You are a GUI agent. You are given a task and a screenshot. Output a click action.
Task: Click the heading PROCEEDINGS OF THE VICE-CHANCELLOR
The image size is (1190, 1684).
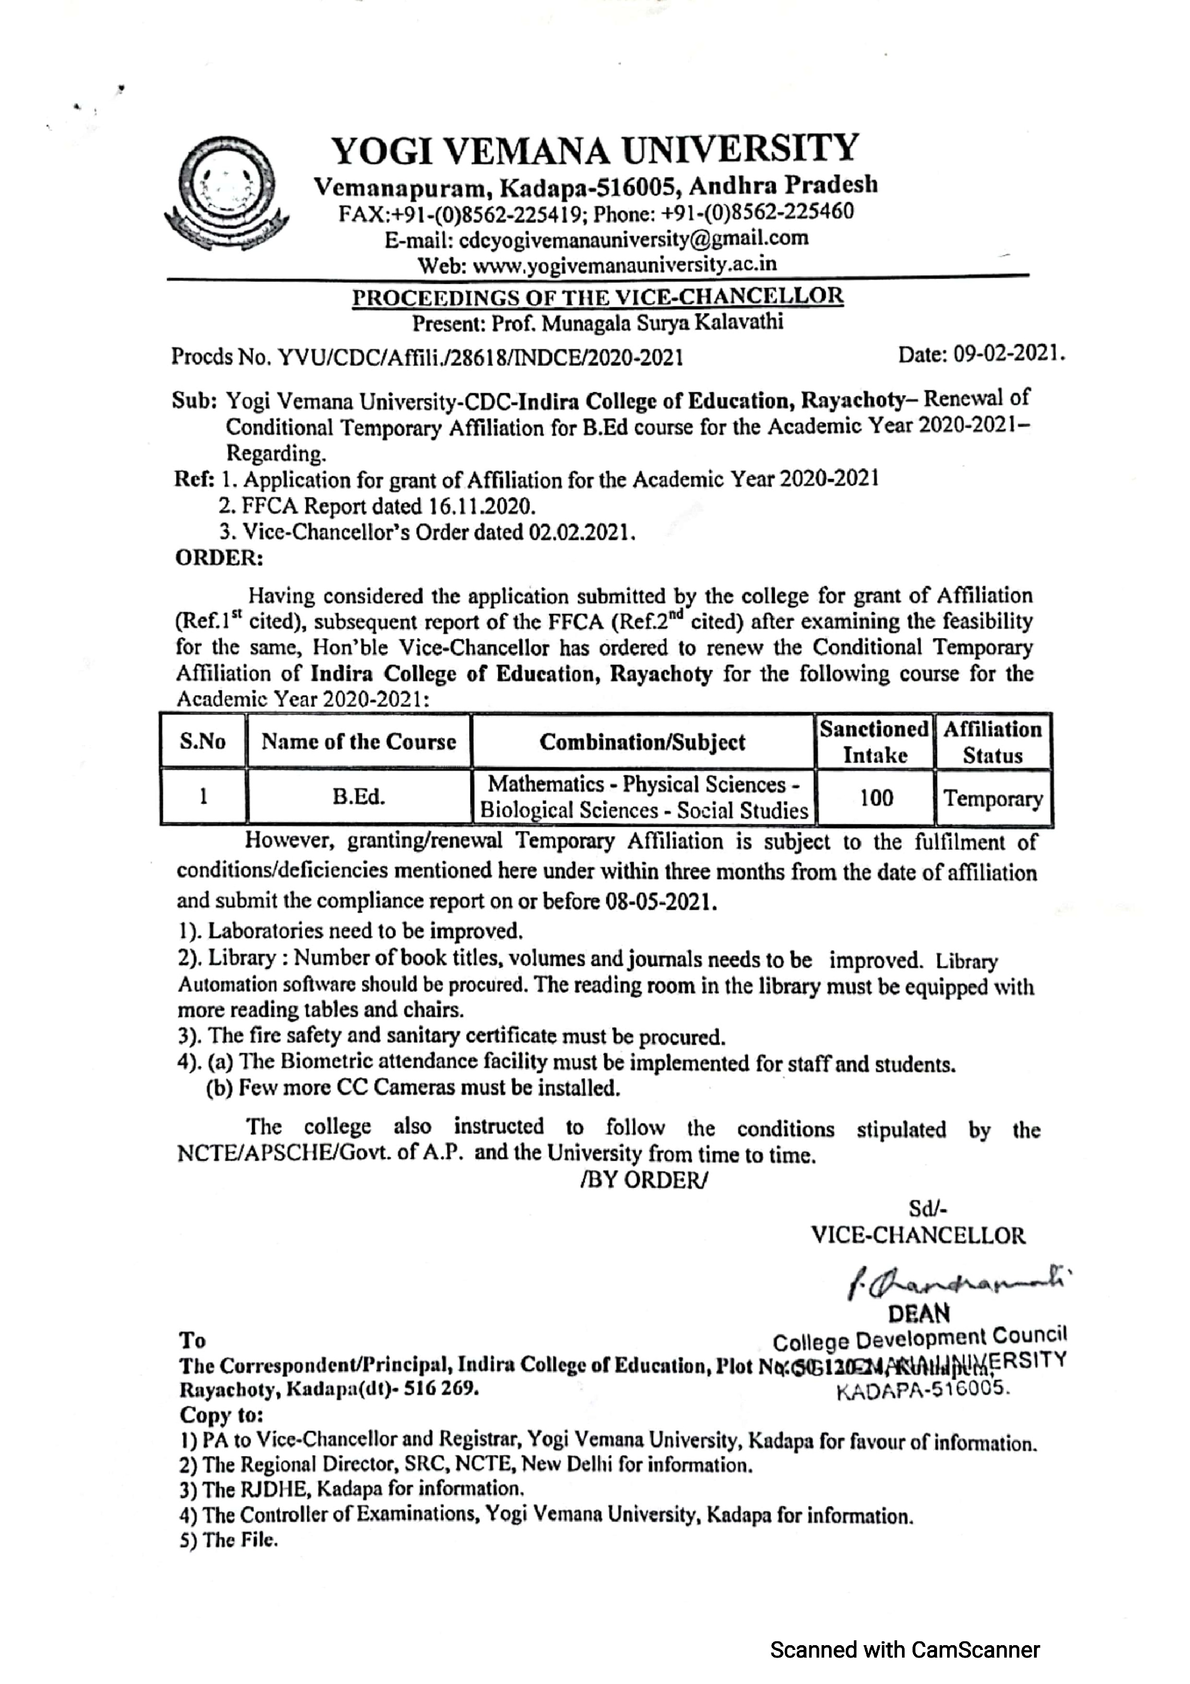pyautogui.click(x=598, y=296)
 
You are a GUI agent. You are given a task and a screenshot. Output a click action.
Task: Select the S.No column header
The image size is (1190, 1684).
pyautogui.click(x=203, y=742)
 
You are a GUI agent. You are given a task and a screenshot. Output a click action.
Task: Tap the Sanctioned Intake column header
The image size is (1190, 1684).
pyautogui.click(x=873, y=742)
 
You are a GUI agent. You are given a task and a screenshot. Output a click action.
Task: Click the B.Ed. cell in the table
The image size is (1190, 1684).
pyautogui.click(x=359, y=797)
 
